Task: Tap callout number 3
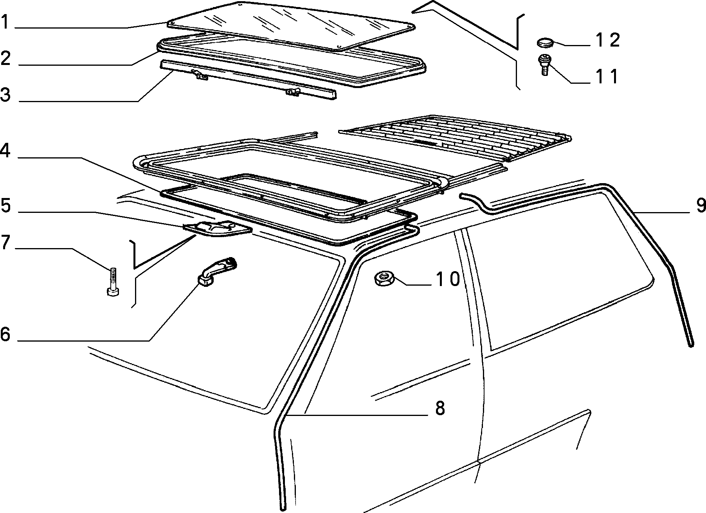click(5, 94)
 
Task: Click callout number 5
click(5, 205)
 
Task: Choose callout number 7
click(5, 242)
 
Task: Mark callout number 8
click(440, 409)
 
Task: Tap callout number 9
click(701, 205)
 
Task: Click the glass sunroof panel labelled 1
click(292, 25)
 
